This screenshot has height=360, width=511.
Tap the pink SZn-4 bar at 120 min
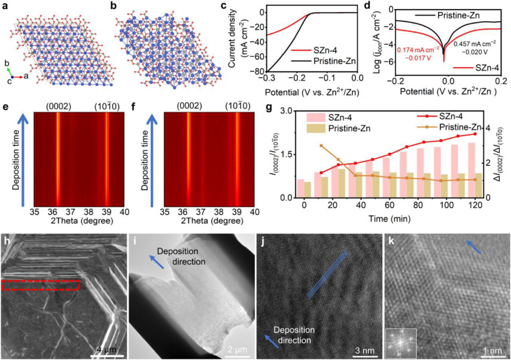point(471,170)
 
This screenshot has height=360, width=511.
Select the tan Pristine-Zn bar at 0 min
point(307,190)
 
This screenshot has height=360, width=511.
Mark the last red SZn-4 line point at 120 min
point(475,134)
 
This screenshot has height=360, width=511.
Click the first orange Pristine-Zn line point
point(321,146)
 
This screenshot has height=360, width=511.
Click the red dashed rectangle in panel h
point(40,285)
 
